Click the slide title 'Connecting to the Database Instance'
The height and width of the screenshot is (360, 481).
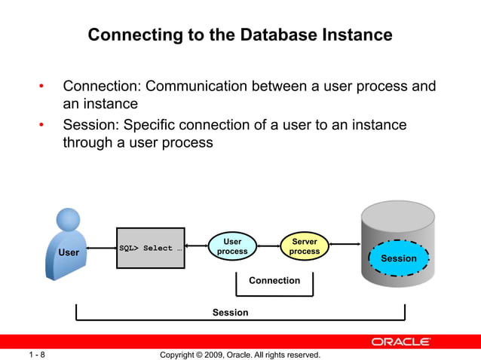pyautogui.click(x=240, y=35)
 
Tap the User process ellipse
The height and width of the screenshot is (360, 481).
pyautogui.click(x=232, y=247)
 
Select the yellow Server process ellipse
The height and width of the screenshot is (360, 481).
pyautogui.click(x=304, y=247)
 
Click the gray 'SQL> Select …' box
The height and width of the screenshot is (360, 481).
pyautogui.click(x=151, y=248)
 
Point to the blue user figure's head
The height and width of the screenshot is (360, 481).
pyautogui.click(x=68, y=220)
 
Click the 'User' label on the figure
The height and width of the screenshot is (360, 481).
pyautogui.click(x=69, y=252)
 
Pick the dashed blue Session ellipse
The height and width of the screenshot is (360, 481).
pyautogui.click(x=398, y=258)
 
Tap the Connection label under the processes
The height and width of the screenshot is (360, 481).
pyautogui.click(x=274, y=280)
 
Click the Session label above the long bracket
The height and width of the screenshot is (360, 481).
pyautogui.click(x=230, y=312)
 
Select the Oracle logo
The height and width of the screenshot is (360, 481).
pyautogui.click(x=400, y=341)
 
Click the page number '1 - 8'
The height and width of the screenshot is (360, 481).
pyautogui.click(x=37, y=354)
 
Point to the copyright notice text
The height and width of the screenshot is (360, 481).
pyautogui.click(x=240, y=354)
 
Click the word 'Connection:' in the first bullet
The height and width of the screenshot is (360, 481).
pyautogui.click(x=100, y=87)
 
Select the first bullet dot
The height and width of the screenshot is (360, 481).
pyautogui.click(x=42, y=87)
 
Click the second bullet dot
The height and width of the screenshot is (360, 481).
pyautogui.click(x=42, y=126)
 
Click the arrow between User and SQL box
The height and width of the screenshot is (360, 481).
pyautogui.click(x=102, y=248)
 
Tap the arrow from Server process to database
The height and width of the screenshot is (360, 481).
pyautogui.click(x=345, y=243)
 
